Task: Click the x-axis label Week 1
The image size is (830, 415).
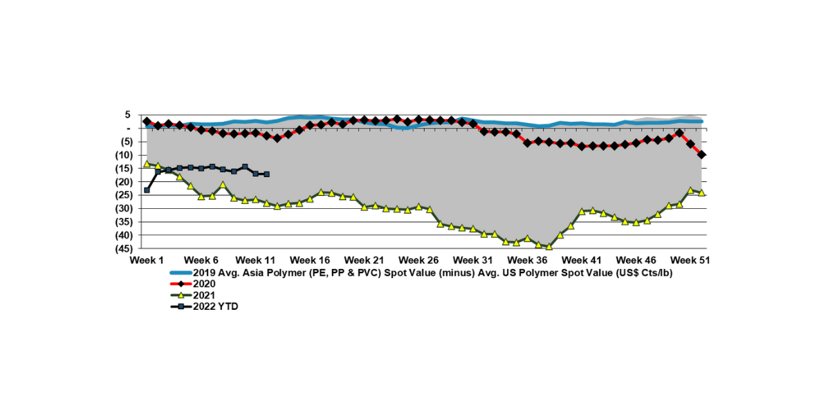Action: click(147, 260)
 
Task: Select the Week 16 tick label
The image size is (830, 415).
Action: click(310, 260)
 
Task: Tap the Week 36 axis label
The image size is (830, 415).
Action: click(527, 260)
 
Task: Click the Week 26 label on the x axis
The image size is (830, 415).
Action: click(418, 260)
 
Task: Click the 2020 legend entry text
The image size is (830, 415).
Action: click(205, 284)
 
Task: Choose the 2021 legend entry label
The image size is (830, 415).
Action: click(205, 295)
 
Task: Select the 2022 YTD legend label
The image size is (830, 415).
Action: click(216, 306)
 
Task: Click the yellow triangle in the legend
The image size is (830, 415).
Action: click(181, 295)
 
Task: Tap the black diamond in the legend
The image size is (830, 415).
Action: click(181, 284)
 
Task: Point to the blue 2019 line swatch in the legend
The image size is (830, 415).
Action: click(181, 273)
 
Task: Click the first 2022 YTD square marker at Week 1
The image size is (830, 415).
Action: click(147, 190)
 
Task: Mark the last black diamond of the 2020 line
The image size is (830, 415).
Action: click(701, 155)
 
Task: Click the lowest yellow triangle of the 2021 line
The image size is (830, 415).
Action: click(549, 246)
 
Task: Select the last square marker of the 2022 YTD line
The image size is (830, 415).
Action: click(267, 174)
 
